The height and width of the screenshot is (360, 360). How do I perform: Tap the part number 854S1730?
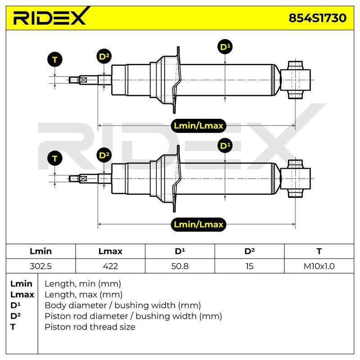317,18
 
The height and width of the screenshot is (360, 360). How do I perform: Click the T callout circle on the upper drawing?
54,60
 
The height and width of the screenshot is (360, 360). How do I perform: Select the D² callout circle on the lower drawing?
104,155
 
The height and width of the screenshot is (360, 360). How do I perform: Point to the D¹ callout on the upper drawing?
225,47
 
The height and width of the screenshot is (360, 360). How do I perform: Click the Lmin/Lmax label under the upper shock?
198,126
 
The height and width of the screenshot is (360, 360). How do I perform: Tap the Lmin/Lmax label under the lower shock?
198,224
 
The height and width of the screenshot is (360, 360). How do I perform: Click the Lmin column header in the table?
40,251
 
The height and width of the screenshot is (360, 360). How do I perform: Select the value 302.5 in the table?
40,266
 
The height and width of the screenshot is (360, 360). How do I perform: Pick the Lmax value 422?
110,266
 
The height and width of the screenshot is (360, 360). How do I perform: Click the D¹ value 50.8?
180,266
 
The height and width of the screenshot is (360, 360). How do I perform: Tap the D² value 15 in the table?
249,266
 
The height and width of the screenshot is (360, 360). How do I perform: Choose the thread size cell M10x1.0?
319,266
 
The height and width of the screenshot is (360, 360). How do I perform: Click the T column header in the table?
319,251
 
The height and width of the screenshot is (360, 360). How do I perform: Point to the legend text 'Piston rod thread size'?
90,327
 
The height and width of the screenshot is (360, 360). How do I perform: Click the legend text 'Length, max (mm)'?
83,295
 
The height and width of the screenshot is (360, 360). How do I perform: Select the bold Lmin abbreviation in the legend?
21,284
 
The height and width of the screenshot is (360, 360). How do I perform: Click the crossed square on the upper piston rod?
83,80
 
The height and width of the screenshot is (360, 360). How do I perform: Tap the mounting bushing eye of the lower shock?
295,179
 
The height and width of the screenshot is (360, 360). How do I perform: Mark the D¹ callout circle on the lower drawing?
225,145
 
